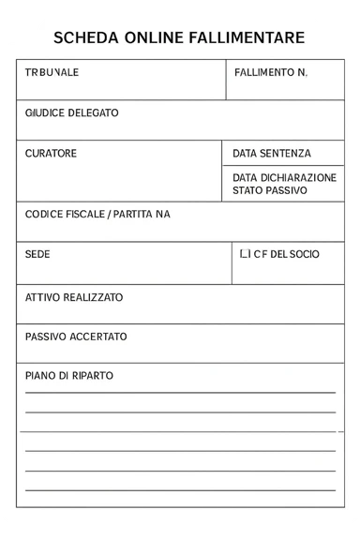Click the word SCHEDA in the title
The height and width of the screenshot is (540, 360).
coord(81,38)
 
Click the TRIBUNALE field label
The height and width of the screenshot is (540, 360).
coord(52,72)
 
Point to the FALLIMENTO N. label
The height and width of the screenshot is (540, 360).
coord(271,72)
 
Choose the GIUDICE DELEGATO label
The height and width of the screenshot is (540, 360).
coord(71,112)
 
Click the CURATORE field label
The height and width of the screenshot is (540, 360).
coord(51,153)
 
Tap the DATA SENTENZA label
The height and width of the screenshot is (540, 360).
coord(272,153)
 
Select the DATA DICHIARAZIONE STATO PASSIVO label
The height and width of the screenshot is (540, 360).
coord(284,184)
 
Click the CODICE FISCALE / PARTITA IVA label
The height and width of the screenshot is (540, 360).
coord(97,215)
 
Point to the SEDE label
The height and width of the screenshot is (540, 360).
coord(37,254)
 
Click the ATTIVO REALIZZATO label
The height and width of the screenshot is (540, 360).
coord(74,297)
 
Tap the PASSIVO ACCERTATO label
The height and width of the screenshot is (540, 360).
coord(76,337)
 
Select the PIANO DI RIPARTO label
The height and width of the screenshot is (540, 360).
coord(68,376)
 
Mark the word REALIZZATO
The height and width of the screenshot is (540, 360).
coord(93,297)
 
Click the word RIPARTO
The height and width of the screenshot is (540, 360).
coord(92,376)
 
